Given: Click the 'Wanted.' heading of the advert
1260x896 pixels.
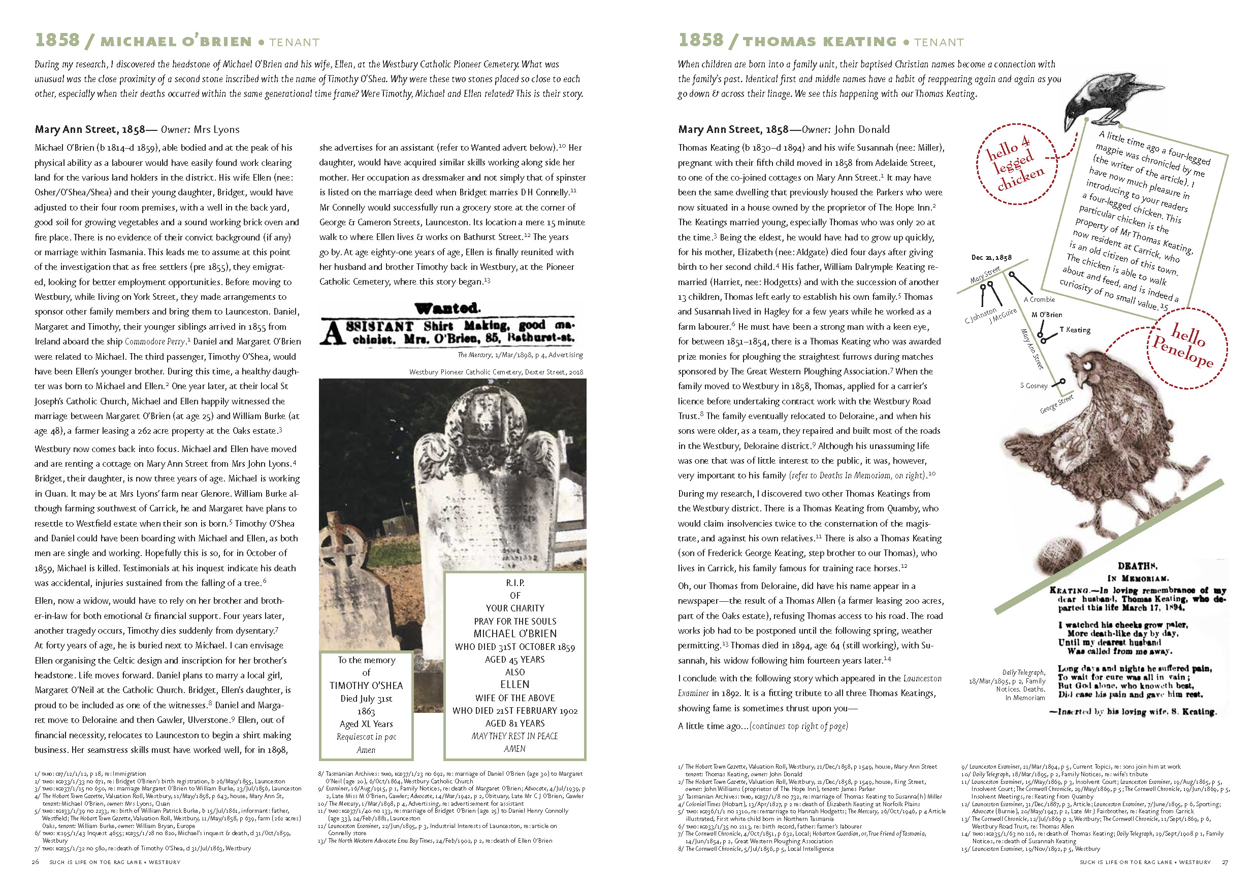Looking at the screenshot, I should (x=447, y=308).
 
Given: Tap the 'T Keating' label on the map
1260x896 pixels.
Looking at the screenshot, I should (x=1075, y=330).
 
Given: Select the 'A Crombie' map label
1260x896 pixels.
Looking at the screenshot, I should (x=1039, y=299).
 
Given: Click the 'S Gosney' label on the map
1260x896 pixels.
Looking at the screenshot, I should (x=1033, y=386).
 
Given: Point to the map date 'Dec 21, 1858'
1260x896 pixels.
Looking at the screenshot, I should (x=991, y=257).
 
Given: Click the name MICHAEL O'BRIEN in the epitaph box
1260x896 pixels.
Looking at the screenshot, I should (x=514, y=633).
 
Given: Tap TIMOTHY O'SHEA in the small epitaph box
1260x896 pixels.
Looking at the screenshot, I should (x=366, y=685).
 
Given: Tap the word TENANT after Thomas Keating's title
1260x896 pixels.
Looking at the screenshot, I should (x=939, y=43).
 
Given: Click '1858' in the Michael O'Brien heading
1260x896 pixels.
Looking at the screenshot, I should (x=57, y=40).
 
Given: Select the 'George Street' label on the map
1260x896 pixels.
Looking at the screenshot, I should (x=1056, y=404).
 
